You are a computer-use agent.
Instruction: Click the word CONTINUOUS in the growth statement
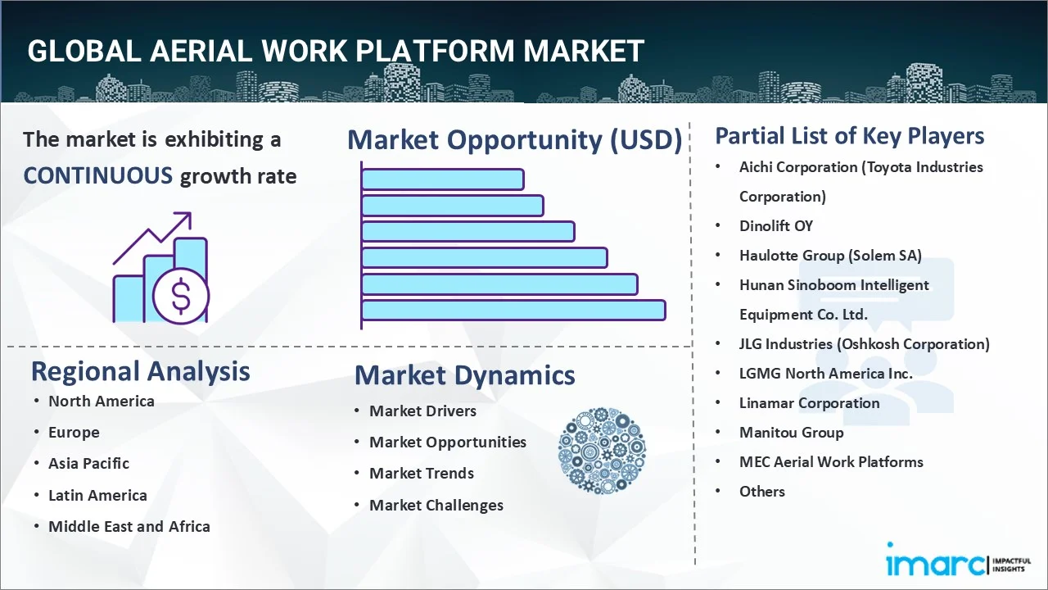tap(97, 175)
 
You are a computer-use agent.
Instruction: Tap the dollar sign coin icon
tap(182, 297)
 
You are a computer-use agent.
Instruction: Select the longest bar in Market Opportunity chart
tap(513, 310)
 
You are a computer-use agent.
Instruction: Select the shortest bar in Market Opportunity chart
tap(442, 179)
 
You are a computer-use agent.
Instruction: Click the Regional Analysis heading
tap(140, 371)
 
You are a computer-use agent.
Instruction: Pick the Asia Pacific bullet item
tap(88, 463)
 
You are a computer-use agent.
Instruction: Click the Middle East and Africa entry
tap(129, 526)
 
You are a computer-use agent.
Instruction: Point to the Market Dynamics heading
tap(464, 375)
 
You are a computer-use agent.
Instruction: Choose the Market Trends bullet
tap(421, 473)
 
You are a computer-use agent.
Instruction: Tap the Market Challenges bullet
tap(436, 505)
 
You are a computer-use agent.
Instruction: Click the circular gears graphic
tap(602, 451)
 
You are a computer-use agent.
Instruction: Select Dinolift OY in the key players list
tap(775, 225)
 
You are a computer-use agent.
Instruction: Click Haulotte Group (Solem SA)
tap(829, 255)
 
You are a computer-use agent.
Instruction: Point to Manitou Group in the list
tap(790, 432)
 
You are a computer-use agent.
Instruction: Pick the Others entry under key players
tap(761, 491)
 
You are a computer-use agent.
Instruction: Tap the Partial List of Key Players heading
tap(849, 136)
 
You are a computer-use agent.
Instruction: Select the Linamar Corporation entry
tap(809, 402)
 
